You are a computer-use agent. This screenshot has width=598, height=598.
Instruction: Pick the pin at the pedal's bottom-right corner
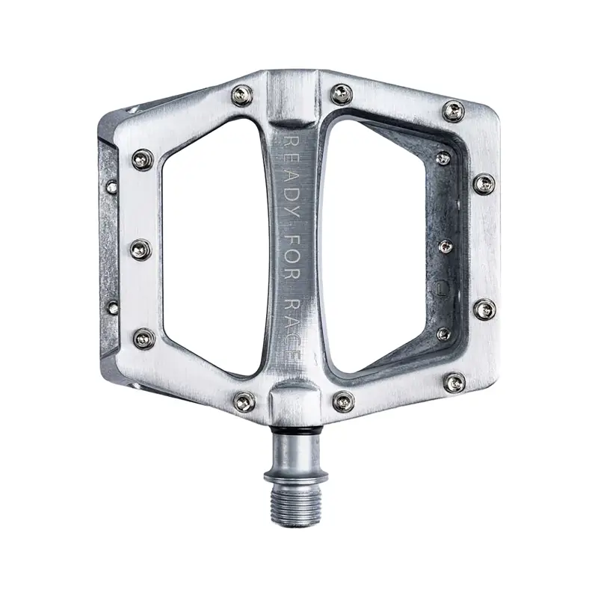[453, 383]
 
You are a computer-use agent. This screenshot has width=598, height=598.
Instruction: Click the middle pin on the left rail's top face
[141, 249]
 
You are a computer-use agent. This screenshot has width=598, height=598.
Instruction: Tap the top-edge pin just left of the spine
[241, 95]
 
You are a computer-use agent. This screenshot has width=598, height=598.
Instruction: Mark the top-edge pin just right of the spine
[342, 94]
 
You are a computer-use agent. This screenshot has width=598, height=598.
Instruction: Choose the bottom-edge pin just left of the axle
[244, 401]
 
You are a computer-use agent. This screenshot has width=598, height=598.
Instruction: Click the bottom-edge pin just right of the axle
[342, 401]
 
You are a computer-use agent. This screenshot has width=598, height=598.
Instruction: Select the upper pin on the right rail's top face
[484, 184]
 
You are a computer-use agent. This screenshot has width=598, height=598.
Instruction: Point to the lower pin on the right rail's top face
[484, 308]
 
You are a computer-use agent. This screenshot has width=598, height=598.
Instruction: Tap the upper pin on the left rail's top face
[142, 159]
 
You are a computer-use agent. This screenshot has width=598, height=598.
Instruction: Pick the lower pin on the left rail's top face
[144, 339]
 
